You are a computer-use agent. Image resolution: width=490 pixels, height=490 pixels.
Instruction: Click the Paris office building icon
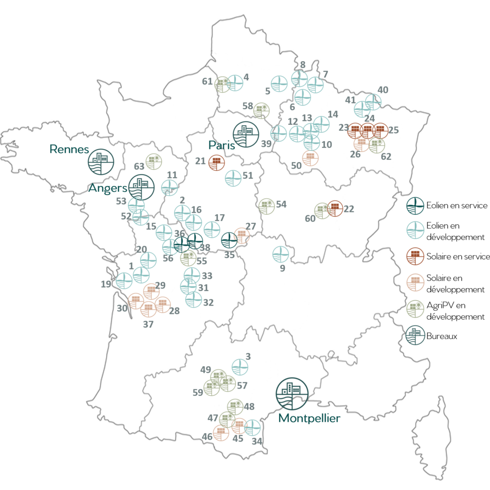[246, 133]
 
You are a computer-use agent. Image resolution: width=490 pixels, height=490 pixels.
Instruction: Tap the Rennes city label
[69, 149]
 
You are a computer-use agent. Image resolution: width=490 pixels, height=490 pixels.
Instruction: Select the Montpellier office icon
[292, 393]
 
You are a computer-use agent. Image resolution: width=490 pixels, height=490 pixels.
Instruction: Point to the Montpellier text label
[309, 418]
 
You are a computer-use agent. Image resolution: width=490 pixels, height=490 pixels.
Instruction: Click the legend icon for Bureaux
[413, 336]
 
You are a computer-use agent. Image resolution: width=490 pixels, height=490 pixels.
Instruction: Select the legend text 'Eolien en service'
[457, 205]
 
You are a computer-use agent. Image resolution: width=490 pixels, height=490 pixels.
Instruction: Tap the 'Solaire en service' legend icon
[413, 256]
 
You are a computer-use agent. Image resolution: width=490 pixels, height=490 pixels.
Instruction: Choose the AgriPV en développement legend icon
[413, 310]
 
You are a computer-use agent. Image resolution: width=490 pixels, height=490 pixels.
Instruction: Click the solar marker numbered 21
[217, 162]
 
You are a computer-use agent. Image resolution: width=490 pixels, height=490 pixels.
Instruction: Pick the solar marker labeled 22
[335, 208]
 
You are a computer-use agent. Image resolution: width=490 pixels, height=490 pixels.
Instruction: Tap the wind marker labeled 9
[280, 254]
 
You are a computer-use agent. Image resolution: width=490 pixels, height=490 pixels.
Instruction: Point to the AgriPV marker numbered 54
[267, 206]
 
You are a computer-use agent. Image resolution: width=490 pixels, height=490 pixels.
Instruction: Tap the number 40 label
[383, 89]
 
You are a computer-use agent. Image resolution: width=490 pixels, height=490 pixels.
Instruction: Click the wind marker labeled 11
[169, 188]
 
